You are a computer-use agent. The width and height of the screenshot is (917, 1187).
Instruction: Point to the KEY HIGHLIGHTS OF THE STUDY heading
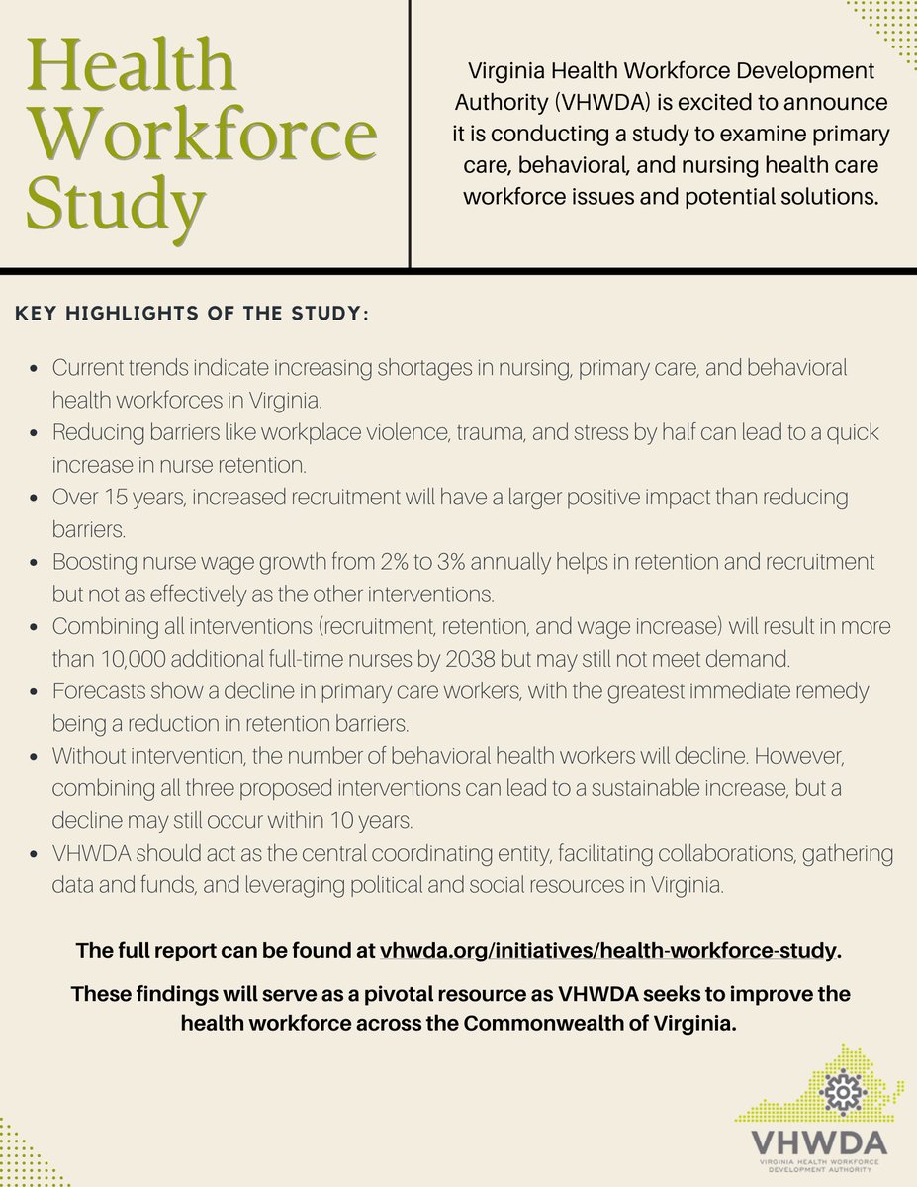(x=192, y=314)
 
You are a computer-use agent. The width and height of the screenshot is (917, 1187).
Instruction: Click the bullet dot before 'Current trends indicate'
(x=36, y=369)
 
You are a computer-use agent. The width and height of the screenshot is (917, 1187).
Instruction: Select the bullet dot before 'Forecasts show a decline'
(x=36, y=692)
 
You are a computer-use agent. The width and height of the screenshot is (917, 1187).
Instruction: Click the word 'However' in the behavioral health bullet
(x=800, y=757)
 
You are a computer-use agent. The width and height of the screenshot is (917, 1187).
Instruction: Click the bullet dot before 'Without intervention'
(x=36, y=757)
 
